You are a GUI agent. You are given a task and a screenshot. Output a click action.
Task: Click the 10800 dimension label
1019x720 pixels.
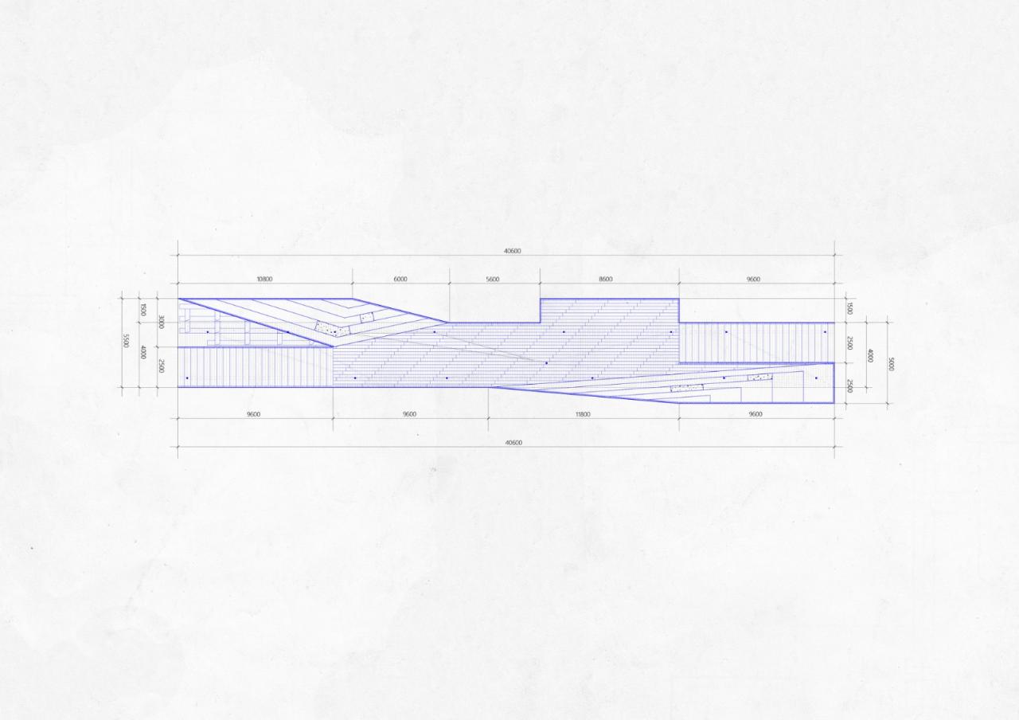point(264,280)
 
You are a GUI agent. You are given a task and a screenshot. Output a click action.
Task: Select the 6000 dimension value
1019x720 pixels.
point(400,280)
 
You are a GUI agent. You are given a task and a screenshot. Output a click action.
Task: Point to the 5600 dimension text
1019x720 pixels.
point(493,280)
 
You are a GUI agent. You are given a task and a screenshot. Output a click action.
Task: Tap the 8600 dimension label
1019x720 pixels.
point(606,280)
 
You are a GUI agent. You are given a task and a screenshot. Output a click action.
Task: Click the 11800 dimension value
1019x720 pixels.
point(583,414)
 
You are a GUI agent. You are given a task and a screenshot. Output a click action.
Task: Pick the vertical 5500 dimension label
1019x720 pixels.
point(126,340)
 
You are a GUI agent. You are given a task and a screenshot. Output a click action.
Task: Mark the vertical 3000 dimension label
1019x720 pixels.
point(162,322)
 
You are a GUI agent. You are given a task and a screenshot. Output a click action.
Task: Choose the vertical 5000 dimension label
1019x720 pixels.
point(890,364)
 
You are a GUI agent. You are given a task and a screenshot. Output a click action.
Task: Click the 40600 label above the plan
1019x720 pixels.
point(513,251)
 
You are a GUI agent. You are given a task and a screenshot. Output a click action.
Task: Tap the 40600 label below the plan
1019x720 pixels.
point(513,443)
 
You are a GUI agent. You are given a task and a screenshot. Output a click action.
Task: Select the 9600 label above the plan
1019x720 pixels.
point(753,280)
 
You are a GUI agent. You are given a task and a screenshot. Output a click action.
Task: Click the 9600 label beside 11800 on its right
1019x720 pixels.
point(755,414)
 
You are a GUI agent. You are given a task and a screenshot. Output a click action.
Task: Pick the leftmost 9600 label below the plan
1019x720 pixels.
point(253,414)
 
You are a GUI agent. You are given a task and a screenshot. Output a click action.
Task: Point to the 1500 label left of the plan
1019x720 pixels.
point(143,309)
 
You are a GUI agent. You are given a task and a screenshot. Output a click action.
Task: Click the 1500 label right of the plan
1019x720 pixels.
point(849,308)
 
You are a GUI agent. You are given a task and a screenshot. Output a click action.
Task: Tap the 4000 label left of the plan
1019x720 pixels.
point(143,351)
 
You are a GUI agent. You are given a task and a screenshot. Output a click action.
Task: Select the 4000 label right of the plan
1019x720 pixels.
point(869,355)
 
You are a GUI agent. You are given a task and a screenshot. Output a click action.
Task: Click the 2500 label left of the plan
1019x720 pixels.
point(162,366)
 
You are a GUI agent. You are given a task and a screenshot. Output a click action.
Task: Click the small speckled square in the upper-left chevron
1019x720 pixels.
point(366,317)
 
